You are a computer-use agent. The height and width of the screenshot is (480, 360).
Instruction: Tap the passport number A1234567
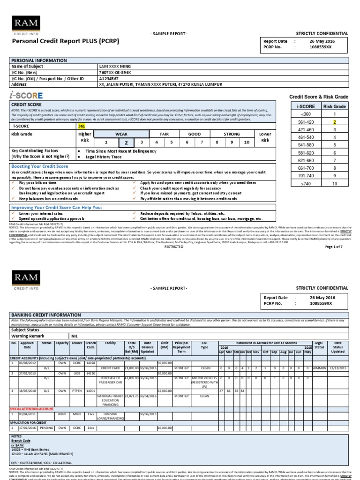tap(109, 79)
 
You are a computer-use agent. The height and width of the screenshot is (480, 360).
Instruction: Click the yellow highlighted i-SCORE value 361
tap(82, 126)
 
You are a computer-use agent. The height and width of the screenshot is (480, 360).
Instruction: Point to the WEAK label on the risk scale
tap(121, 134)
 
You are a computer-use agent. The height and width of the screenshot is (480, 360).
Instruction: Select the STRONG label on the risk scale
tap(231, 134)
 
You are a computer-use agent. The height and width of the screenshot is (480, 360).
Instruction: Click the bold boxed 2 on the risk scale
tap(125, 142)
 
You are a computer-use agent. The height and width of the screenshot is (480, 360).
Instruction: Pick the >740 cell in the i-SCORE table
tap(306, 184)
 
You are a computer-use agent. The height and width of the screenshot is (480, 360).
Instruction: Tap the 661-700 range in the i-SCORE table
tap(306, 168)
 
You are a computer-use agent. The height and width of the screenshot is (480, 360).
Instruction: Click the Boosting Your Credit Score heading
tap(39, 166)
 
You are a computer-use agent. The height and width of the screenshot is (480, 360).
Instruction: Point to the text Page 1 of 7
tap(334, 247)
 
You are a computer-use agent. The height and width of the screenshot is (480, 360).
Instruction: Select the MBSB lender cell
tap(77, 414)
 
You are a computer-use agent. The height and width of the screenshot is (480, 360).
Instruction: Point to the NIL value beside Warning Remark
tap(75, 336)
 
